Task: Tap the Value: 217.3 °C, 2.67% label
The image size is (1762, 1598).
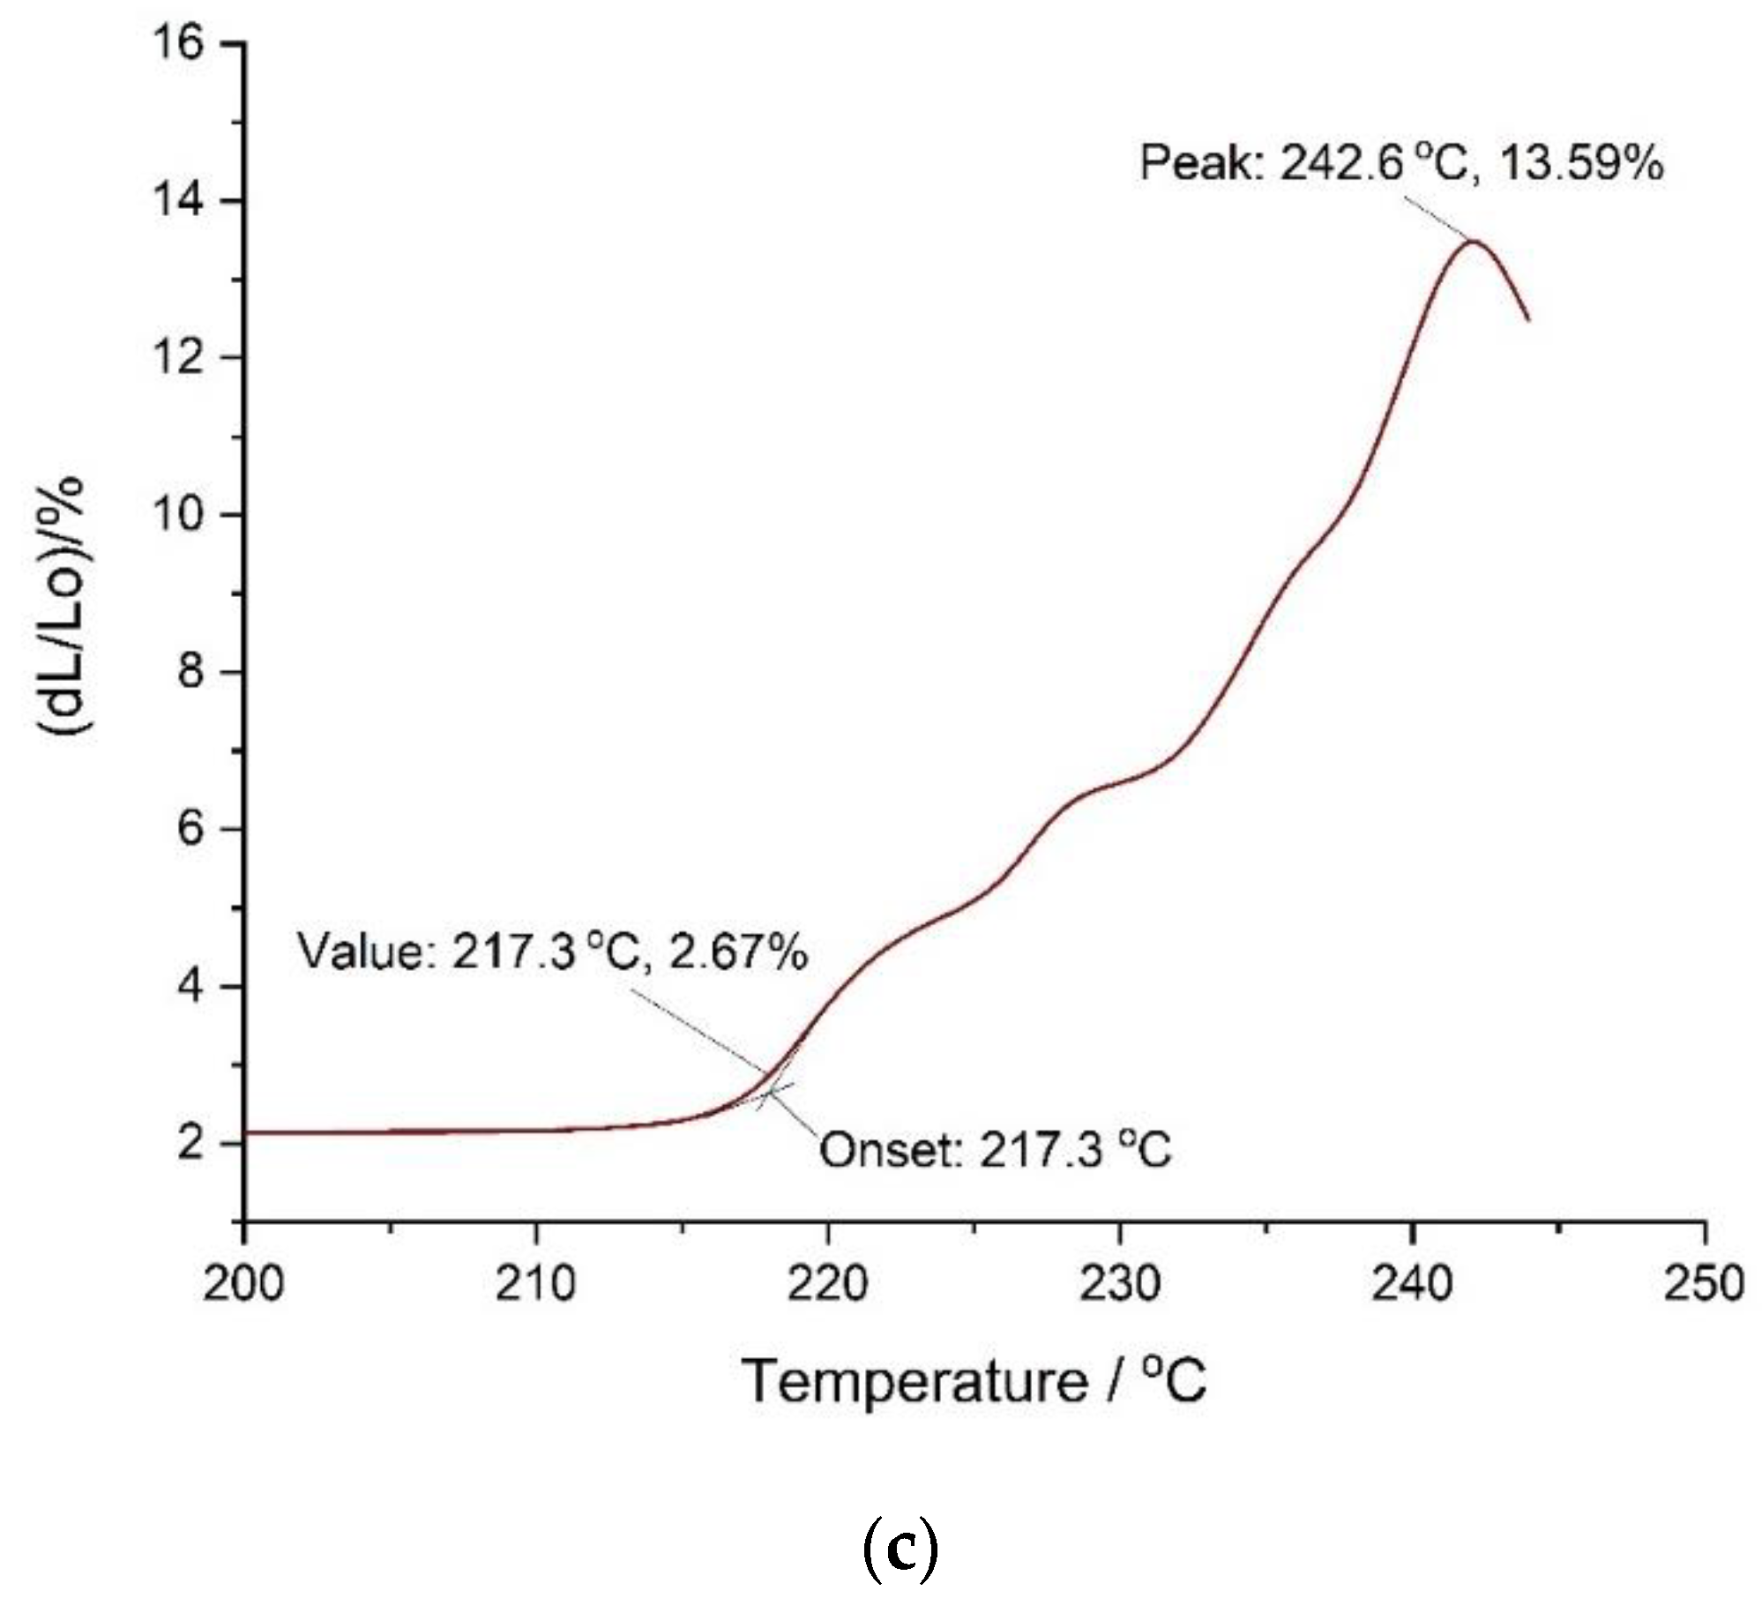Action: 552,952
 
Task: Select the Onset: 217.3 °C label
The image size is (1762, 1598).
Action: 996,1149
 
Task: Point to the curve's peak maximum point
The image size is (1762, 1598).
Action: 1472,241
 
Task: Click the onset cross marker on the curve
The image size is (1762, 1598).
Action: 769,1092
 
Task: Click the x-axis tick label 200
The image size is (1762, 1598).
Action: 243,1284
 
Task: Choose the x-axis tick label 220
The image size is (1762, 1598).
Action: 827,1284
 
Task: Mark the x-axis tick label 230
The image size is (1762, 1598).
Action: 1120,1284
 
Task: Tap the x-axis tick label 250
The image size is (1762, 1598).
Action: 1704,1284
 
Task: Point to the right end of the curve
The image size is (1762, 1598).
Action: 1527,319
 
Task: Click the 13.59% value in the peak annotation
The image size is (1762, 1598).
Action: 1580,163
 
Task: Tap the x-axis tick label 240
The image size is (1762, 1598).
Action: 1412,1284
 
